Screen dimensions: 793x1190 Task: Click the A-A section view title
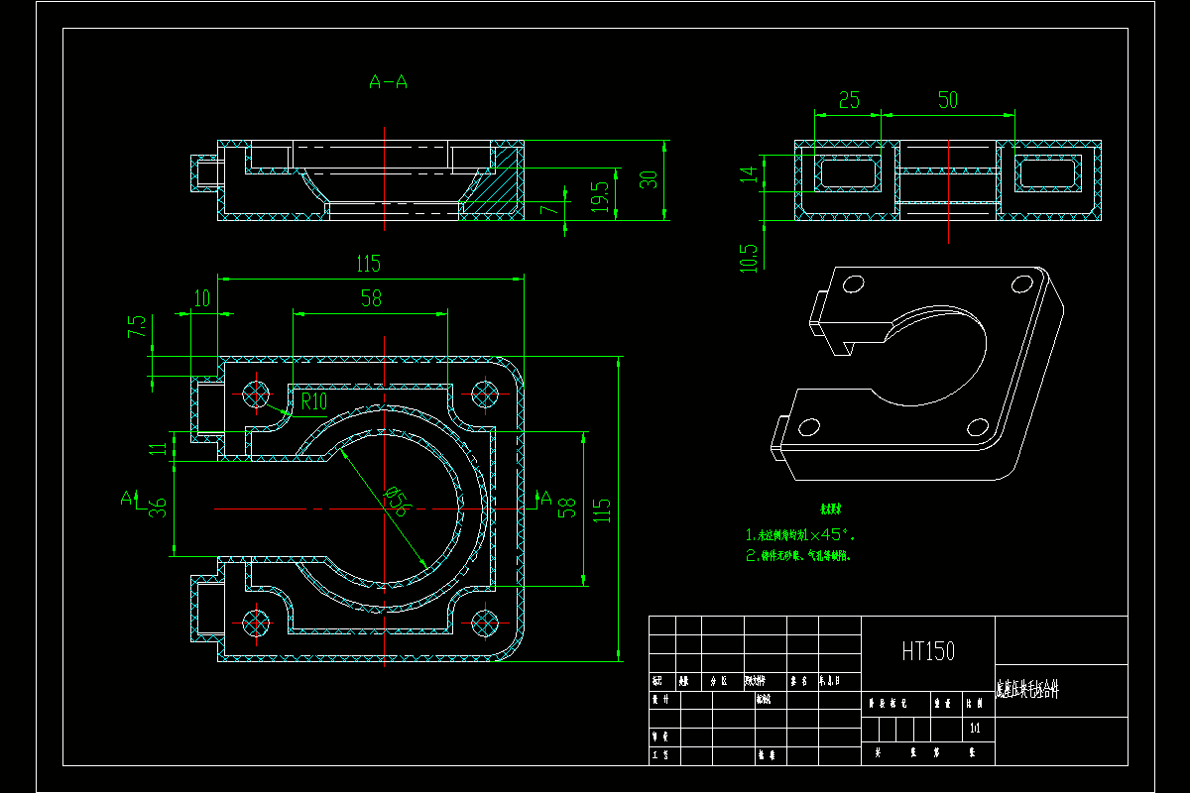coord(388,82)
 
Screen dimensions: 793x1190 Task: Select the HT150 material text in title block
coord(928,651)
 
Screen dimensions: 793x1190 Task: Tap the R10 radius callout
coord(314,400)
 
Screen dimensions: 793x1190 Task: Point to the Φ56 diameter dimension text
coord(397,501)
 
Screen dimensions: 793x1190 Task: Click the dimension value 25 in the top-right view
coord(849,100)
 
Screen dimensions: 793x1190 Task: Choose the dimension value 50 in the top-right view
coord(948,100)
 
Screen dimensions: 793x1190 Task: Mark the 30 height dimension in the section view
coord(649,179)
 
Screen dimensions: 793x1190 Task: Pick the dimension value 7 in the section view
coord(543,210)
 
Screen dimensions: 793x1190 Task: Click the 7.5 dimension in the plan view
coord(137,327)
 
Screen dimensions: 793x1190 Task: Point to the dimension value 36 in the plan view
coord(157,506)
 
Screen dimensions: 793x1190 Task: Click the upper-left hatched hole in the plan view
coord(257,394)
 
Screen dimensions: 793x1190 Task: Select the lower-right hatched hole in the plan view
coord(485,623)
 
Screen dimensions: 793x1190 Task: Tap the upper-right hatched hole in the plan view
coord(485,394)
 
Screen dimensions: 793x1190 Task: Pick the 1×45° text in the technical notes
coord(818,534)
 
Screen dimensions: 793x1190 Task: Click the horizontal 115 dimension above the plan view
coord(368,264)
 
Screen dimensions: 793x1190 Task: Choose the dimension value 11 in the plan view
coord(157,448)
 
